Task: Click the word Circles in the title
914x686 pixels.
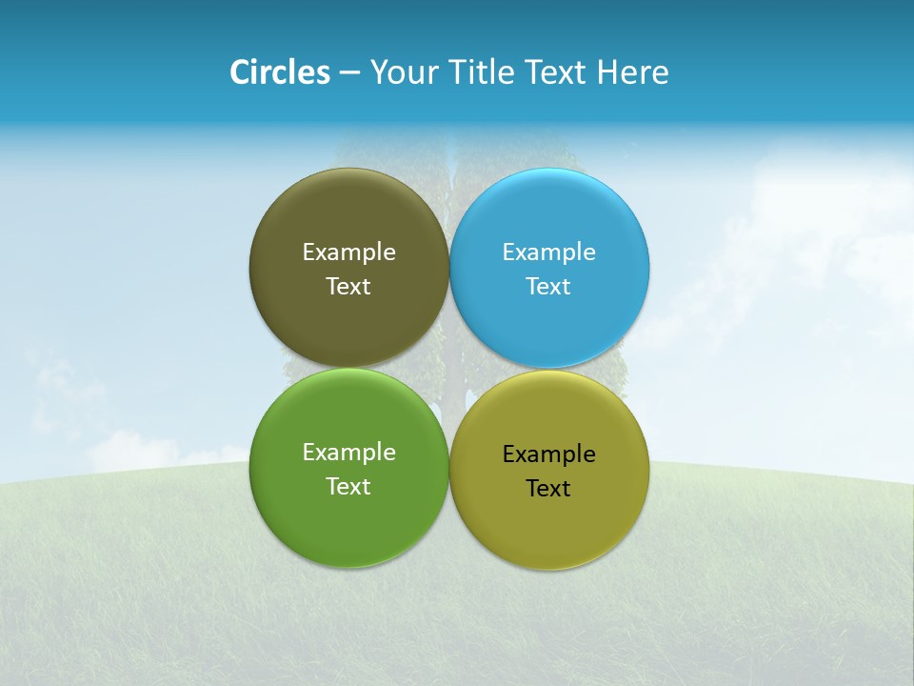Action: tap(279, 72)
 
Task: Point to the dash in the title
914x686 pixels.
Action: tap(349, 73)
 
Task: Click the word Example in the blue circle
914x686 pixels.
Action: tap(548, 252)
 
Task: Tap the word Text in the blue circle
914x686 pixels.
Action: tap(548, 287)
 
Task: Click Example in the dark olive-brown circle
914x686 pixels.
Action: tap(348, 252)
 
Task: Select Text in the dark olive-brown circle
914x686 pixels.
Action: tap(348, 287)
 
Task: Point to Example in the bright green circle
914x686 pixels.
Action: tap(348, 453)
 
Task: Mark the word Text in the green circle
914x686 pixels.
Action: tap(348, 487)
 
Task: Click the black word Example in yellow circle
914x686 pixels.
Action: tap(548, 454)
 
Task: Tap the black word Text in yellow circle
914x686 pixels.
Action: tap(548, 489)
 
